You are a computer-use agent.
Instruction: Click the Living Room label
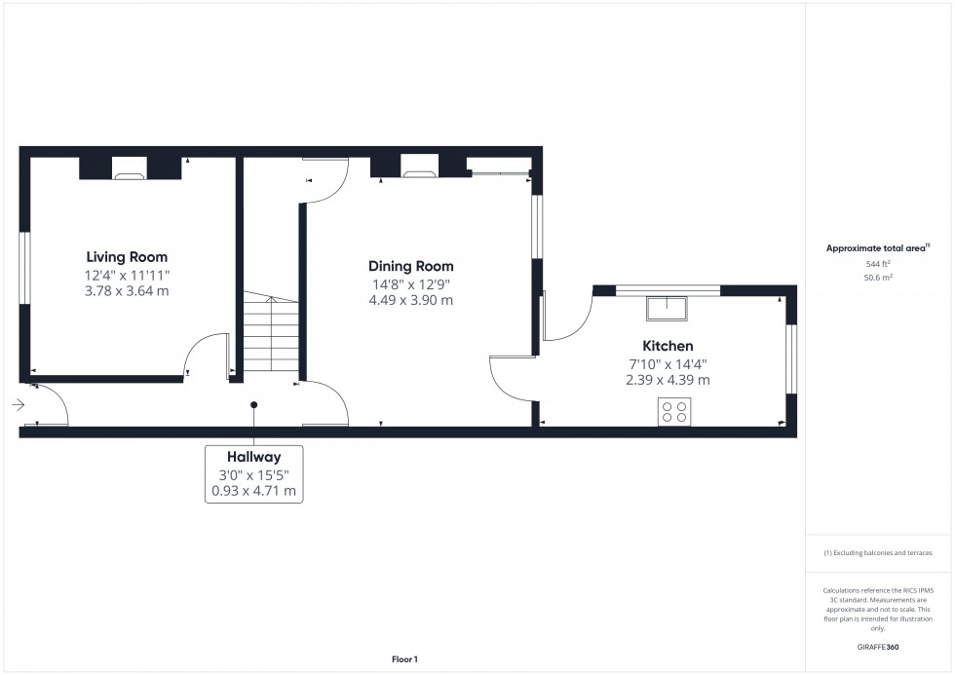point(127,257)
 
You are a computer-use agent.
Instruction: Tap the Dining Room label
point(410,266)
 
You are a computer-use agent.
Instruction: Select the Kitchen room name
point(668,346)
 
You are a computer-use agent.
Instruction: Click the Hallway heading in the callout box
point(254,456)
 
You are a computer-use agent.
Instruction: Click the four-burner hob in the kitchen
point(673,412)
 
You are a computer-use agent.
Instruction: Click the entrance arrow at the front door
point(18,404)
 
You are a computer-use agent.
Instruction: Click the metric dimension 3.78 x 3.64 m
point(127,290)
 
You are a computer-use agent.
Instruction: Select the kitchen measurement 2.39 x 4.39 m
point(668,380)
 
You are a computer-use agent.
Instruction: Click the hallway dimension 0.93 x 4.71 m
point(254,491)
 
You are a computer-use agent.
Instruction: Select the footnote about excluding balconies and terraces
point(878,552)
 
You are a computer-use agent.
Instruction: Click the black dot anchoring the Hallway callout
point(254,404)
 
